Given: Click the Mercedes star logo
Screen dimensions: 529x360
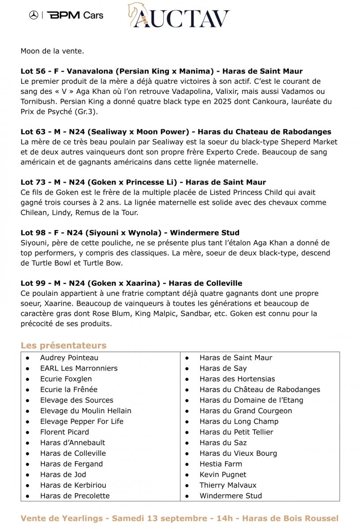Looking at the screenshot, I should tap(34, 15).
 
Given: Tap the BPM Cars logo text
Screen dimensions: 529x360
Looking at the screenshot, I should tap(75, 15).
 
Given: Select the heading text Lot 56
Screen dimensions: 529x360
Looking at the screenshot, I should tap(33, 71).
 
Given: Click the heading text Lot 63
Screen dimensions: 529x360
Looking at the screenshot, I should tap(33, 132).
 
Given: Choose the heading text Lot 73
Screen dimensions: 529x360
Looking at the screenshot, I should tap(33, 182).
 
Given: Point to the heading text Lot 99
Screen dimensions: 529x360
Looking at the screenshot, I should tap(33, 283).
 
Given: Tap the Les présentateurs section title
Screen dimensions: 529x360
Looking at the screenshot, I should tap(64, 345).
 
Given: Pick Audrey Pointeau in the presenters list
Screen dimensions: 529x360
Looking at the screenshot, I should tap(69, 358).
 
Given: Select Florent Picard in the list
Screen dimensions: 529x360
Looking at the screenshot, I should tap(64, 432).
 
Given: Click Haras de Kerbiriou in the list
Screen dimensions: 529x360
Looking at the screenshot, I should tap(73, 485).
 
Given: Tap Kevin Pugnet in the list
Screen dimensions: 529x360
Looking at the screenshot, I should tap(223, 474).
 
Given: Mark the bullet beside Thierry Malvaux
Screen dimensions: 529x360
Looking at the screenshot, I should tap(187, 485).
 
